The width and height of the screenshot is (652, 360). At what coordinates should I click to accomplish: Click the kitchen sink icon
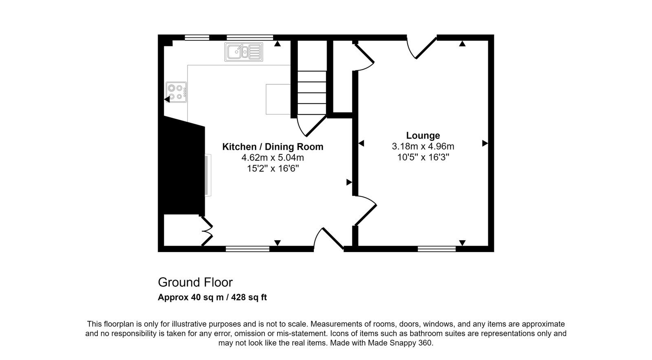click(244, 52)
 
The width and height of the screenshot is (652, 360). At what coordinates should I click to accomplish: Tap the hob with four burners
click(176, 92)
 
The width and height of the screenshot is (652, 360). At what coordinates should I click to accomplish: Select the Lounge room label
click(423, 136)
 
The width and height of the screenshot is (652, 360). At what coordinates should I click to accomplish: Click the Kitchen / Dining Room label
click(273, 147)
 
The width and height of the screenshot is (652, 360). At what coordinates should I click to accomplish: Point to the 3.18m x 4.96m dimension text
click(423, 146)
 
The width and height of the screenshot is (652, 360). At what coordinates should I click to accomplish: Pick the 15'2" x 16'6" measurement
click(273, 168)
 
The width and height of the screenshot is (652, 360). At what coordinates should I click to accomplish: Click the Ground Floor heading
click(195, 282)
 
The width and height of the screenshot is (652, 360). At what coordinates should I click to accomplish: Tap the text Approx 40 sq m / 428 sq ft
click(212, 297)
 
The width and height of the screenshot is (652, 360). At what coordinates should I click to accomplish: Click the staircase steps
click(312, 92)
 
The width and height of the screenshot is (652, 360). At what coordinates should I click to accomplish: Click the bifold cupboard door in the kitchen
click(207, 231)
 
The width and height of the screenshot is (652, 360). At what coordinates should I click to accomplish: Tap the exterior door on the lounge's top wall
click(422, 48)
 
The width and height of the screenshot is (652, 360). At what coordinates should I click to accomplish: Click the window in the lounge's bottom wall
click(436, 249)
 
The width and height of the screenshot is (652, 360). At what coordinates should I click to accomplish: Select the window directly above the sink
click(250, 37)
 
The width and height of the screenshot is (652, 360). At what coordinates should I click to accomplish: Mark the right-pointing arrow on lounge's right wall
click(485, 143)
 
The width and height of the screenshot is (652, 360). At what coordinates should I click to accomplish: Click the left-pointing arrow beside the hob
click(167, 99)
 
